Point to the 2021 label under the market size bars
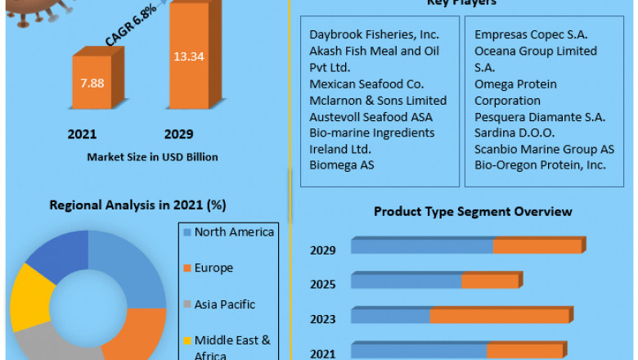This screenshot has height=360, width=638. pyautogui.click(x=82, y=133)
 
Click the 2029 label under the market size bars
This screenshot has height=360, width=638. pyautogui.click(x=178, y=133)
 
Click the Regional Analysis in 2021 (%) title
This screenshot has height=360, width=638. pyautogui.click(x=137, y=205)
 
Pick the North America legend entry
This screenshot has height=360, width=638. pyautogui.click(x=234, y=232)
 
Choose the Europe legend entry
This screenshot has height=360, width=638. pyautogui.click(x=213, y=268)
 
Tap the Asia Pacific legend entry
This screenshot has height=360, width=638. pyautogui.click(x=224, y=304)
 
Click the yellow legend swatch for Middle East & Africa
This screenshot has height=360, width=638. pyautogui.click(x=186, y=340)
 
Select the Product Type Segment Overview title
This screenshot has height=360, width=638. pyautogui.click(x=473, y=212)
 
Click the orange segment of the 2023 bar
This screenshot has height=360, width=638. pyautogui.click(x=499, y=316)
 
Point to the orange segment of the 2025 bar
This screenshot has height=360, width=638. pyautogui.click(x=489, y=281)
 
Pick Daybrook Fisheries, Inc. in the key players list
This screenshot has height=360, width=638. pyautogui.click(x=374, y=34)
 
